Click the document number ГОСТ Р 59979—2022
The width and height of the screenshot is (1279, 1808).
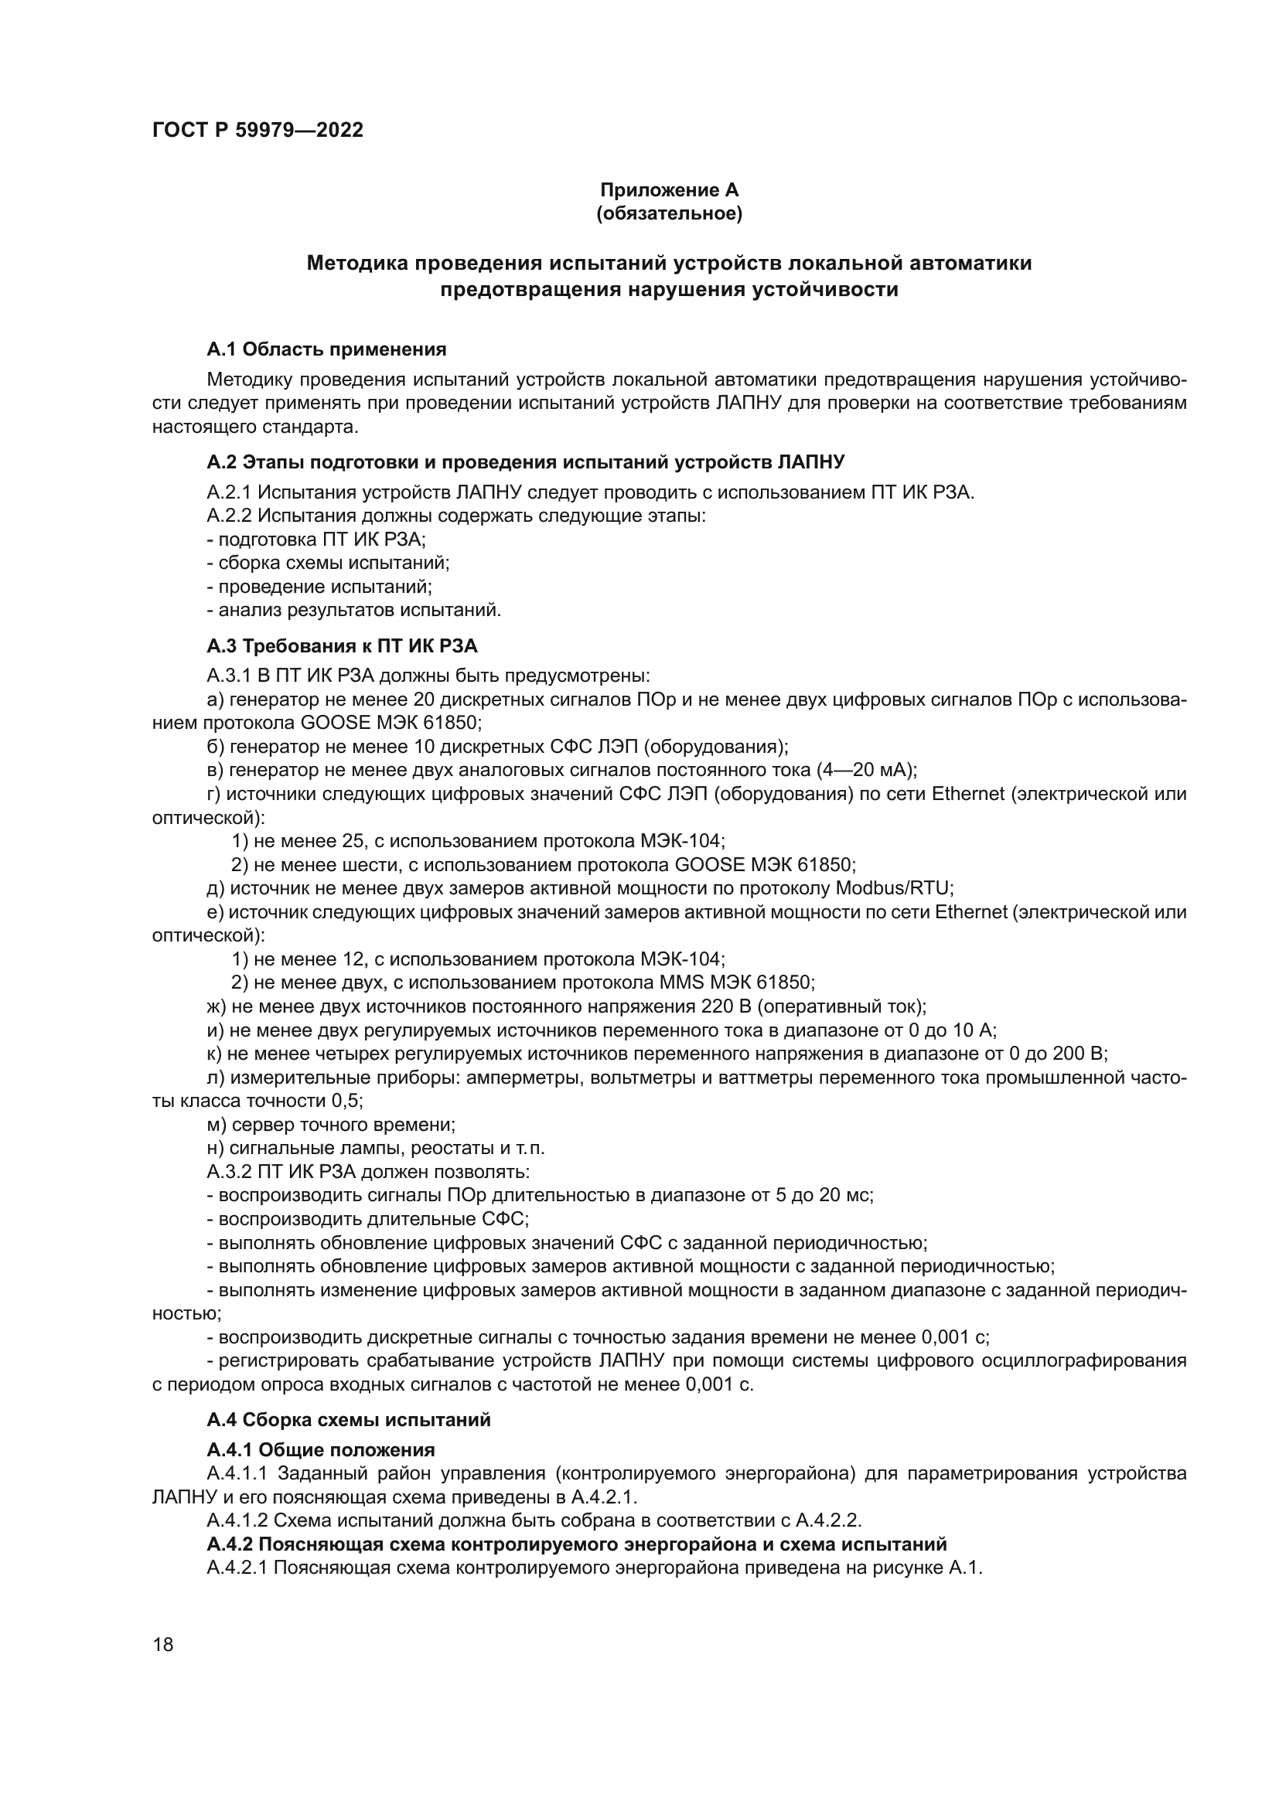(x=258, y=131)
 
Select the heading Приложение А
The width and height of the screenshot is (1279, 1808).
(x=670, y=190)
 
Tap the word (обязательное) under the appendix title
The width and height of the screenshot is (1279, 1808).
(x=670, y=213)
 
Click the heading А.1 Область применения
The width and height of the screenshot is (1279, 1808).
(x=326, y=349)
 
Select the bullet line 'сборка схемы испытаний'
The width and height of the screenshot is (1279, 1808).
(x=328, y=563)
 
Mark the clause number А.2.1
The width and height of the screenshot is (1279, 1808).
(x=228, y=493)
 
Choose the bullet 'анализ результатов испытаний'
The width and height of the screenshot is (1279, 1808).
(x=353, y=611)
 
